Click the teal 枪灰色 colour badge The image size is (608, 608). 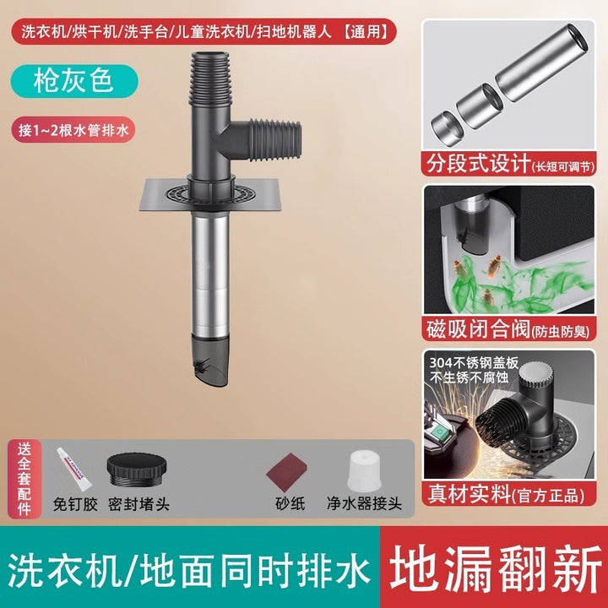(74, 81)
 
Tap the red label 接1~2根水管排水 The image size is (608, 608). (73, 129)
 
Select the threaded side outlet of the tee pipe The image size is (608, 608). (274, 139)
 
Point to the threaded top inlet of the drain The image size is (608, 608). (209, 79)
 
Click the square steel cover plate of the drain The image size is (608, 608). (209, 195)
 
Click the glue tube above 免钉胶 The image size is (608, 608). (74, 469)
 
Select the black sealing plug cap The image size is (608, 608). (137, 469)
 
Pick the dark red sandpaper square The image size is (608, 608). (287, 471)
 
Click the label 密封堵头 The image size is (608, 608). (138, 504)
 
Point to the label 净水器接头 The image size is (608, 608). (364, 503)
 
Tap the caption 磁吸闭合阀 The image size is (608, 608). (478, 329)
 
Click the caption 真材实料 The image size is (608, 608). (470, 494)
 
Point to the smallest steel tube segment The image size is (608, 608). (448, 128)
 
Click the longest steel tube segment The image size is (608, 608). (542, 62)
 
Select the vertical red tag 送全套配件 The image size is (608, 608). (24, 479)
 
